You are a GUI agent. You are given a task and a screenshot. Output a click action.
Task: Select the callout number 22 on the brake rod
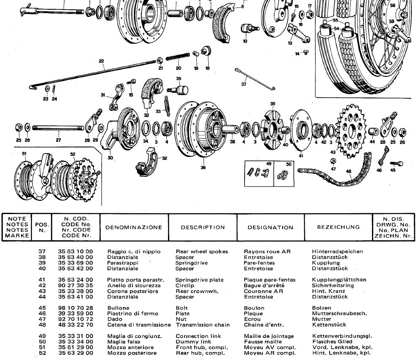tap(102, 61)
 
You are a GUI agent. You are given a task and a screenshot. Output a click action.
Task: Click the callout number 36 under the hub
tap(203, 168)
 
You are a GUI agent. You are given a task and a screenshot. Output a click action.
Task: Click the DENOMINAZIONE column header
tap(134, 227)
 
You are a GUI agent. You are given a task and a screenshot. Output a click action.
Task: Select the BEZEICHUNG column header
tap(339, 227)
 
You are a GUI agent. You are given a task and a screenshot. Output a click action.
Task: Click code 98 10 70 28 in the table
tap(75, 308)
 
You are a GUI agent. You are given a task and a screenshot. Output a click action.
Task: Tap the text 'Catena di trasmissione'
tap(139, 325)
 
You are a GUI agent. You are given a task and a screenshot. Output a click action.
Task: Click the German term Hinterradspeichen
tap(337, 251)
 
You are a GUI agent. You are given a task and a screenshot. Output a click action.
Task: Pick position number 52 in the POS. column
tap(42, 353)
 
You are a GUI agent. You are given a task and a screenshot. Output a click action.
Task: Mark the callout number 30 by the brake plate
tap(110, 158)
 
